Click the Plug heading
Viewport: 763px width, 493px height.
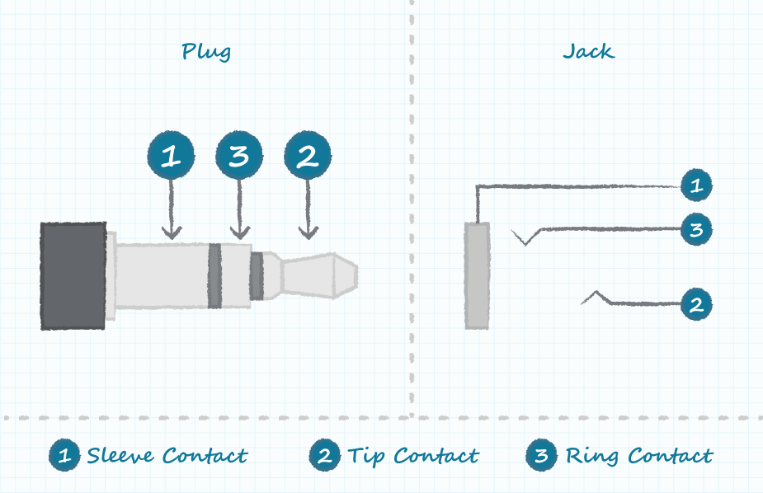pyautogui.click(x=205, y=52)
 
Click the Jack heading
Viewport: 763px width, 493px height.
pyautogui.click(x=588, y=51)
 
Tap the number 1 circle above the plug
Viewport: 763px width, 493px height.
pyautogui.click(x=171, y=156)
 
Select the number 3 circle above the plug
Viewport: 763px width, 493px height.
pyautogui.click(x=239, y=156)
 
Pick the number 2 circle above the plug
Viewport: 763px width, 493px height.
pyautogui.click(x=308, y=156)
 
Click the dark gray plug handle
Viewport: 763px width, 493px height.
pyautogui.click(x=73, y=275)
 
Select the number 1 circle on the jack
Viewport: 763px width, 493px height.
pyautogui.click(x=696, y=185)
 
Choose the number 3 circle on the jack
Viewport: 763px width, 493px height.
pyautogui.click(x=696, y=229)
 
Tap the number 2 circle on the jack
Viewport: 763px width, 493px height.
pyautogui.click(x=696, y=304)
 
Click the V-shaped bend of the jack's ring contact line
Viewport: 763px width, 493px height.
pyautogui.click(x=523, y=242)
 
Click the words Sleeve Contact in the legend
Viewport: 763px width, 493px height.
pyautogui.click(x=167, y=455)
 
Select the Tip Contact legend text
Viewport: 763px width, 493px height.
pyautogui.click(x=412, y=455)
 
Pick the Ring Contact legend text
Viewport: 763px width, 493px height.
pyautogui.click(x=638, y=455)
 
